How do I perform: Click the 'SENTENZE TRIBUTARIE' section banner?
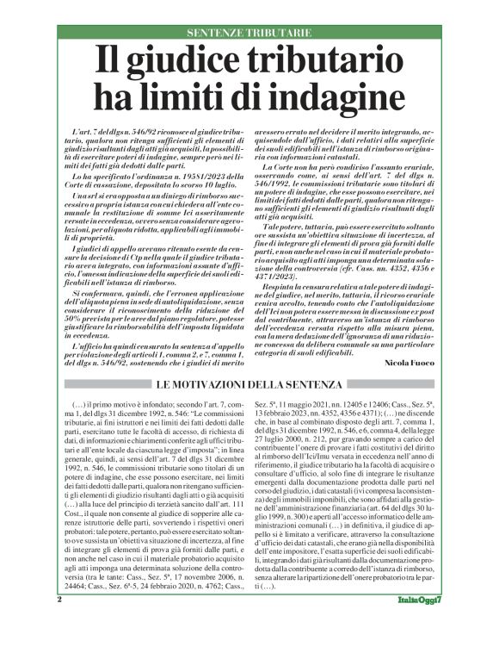pos(249,33)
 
